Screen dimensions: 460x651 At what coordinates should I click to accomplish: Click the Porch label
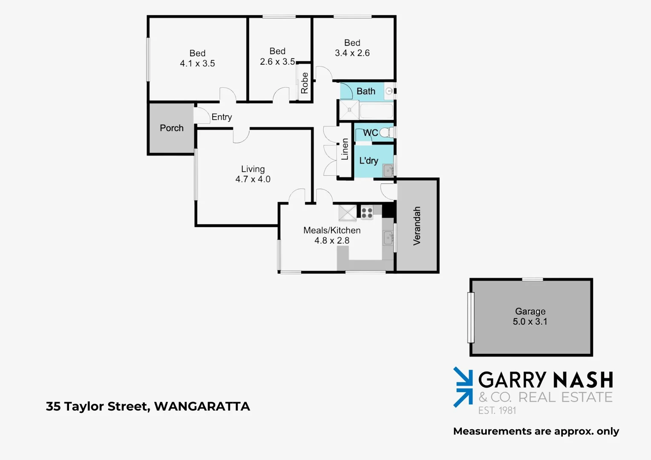pyautogui.click(x=172, y=128)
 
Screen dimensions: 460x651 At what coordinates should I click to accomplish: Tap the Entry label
pyautogui.click(x=222, y=117)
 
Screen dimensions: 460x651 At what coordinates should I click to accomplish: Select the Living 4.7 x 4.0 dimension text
pyautogui.click(x=253, y=179)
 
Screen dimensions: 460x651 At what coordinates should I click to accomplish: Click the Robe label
pyautogui.click(x=304, y=83)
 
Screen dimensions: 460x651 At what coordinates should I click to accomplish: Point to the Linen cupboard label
pyautogui.click(x=345, y=149)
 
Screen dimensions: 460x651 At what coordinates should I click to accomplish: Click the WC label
pyautogui.click(x=370, y=133)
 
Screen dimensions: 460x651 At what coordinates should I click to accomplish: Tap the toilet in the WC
pyautogui.click(x=386, y=132)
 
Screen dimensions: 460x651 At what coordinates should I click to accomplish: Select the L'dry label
pyautogui.click(x=369, y=161)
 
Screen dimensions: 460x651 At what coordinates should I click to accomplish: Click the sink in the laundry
pyautogui.click(x=388, y=170)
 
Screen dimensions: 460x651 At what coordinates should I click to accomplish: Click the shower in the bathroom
pyautogui.click(x=349, y=110)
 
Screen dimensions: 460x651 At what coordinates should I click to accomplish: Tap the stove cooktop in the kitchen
pyautogui.click(x=367, y=212)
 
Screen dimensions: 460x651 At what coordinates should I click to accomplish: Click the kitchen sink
pyautogui.click(x=388, y=238)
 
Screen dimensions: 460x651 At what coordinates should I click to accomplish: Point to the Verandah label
pyautogui.click(x=417, y=226)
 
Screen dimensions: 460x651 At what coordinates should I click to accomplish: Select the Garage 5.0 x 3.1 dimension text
pyautogui.click(x=530, y=322)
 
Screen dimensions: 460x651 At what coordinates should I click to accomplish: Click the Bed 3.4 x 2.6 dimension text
pyautogui.click(x=352, y=53)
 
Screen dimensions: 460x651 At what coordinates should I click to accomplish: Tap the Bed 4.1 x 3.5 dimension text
pyautogui.click(x=197, y=63)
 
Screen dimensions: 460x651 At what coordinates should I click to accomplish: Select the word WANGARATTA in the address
pyautogui.click(x=202, y=406)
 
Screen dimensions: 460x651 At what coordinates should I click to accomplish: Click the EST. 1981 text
pyautogui.click(x=497, y=411)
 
